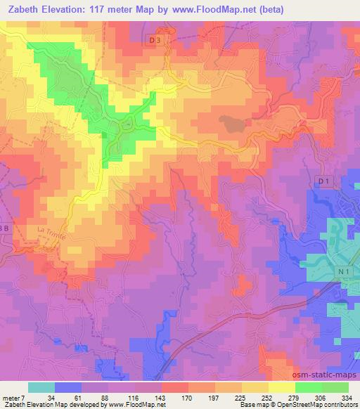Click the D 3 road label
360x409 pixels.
pos(155,41)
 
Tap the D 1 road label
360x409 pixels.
pos(323,182)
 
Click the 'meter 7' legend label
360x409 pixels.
pos(13,397)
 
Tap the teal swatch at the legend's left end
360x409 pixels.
pos(41,387)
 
